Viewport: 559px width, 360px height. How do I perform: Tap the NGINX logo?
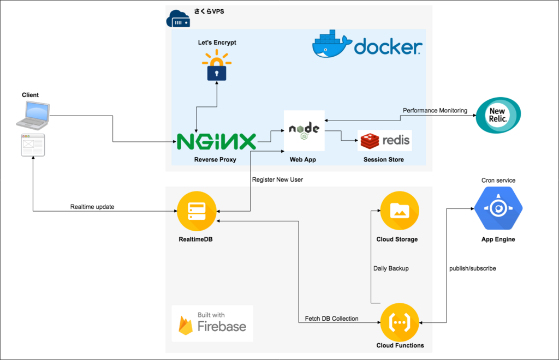pos(216,142)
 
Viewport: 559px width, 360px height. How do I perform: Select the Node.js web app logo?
pos(304,131)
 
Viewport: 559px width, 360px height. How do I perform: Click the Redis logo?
pos(385,141)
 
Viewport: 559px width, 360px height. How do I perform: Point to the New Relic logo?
pos(498,115)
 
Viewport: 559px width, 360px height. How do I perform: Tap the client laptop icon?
pos(33,116)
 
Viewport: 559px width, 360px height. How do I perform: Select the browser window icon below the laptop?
pos(33,145)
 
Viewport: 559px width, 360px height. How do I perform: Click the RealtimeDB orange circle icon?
pos(197,211)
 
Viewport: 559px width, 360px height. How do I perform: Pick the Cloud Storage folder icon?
pos(400,211)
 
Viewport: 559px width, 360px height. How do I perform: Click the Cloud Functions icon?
pos(400,322)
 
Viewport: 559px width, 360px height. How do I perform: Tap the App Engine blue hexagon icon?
pos(498,208)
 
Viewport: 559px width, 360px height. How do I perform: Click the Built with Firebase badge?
pos(212,323)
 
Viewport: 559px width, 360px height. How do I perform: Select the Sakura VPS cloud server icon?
pos(179,19)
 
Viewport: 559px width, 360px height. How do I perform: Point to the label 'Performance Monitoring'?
pos(435,110)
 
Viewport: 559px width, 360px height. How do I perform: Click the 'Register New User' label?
pos(277,179)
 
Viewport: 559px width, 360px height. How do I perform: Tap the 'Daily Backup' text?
pos(391,268)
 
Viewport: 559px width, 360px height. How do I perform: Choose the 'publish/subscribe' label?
pos(472,268)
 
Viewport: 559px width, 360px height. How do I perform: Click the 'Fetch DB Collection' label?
pos(331,319)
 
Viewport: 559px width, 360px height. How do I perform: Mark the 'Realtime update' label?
pos(92,207)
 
